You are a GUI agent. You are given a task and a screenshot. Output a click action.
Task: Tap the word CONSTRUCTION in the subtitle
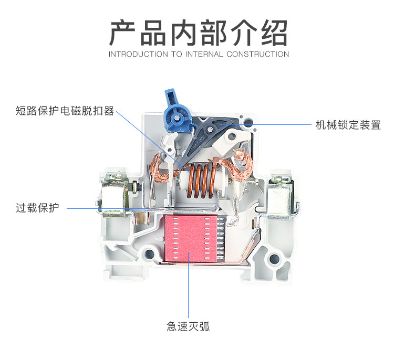(257, 54)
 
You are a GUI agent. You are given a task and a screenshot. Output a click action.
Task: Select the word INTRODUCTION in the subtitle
(138, 54)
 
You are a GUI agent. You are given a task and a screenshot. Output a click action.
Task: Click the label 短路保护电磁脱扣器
(65, 111)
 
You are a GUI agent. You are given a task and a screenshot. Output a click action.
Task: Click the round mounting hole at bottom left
(149, 255)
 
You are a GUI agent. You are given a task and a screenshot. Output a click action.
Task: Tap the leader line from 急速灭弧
(188, 283)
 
